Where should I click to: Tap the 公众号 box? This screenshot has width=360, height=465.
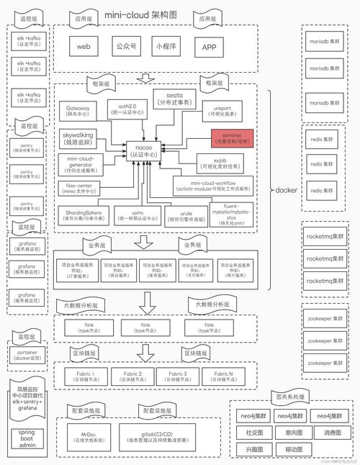click(x=125, y=47)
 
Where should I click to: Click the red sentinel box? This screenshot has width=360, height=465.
click(x=232, y=137)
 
